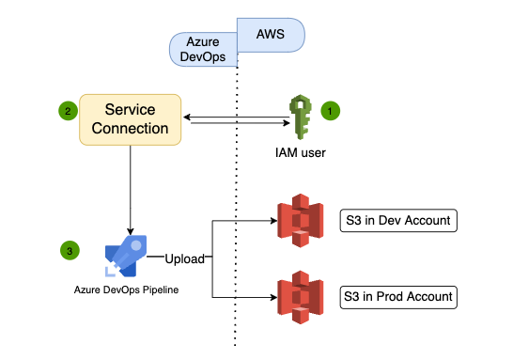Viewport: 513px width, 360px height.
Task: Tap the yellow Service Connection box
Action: coord(131,118)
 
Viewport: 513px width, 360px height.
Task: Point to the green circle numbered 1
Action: coord(330,110)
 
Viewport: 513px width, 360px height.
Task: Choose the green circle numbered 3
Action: coord(69,250)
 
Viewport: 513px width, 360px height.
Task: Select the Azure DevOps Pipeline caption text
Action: coord(126,290)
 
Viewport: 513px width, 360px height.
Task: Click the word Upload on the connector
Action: coord(186,257)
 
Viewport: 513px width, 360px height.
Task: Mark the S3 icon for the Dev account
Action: coord(298,223)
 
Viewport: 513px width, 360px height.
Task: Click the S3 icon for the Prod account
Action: coord(298,296)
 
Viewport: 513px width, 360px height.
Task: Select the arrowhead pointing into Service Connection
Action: coord(188,117)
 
